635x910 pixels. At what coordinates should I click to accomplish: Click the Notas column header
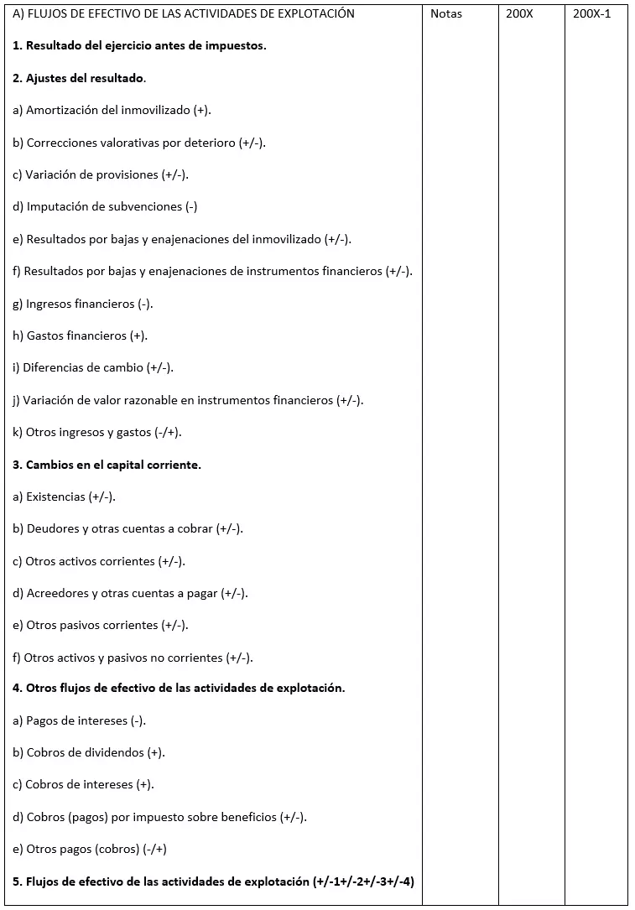(x=445, y=14)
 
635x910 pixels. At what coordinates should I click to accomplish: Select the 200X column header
(x=519, y=14)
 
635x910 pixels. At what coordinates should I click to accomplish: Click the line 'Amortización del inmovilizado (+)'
(x=112, y=110)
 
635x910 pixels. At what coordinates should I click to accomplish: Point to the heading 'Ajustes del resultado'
(x=79, y=78)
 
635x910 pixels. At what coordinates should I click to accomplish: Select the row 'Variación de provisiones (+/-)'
(x=101, y=174)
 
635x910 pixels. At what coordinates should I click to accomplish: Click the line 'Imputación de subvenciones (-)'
(x=105, y=206)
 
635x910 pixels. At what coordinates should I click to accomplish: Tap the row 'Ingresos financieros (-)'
(x=83, y=304)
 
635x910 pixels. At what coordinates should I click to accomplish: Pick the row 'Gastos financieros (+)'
(x=81, y=335)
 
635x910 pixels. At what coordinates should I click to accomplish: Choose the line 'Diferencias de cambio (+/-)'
(x=93, y=367)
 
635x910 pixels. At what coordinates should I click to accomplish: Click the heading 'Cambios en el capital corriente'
(x=107, y=465)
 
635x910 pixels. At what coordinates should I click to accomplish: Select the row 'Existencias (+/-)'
(x=65, y=497)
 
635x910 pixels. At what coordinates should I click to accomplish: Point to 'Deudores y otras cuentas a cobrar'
(x=128, y=528)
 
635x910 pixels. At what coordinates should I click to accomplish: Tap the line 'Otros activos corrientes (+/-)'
(x=99, y=561)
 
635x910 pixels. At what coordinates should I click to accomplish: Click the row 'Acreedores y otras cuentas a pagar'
(x=130, y=593)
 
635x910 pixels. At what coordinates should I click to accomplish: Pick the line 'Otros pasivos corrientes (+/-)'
(x=101, y=625)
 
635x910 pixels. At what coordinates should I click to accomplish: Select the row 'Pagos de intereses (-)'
(x=80, y=720)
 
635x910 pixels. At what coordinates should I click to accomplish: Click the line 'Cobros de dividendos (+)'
(x=89, y=752)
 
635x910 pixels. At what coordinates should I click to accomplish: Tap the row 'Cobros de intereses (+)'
(x=84, y=784)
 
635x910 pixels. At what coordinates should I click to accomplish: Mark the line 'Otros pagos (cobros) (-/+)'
(x=90, y=849)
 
